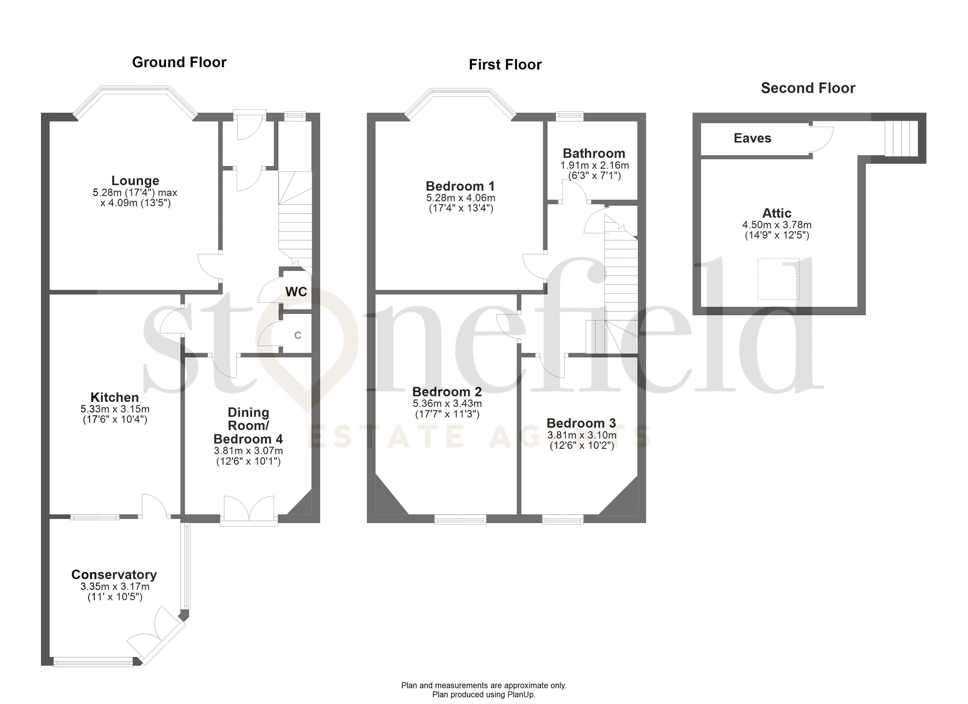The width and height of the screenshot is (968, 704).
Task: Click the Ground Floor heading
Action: click(x=179, y=62)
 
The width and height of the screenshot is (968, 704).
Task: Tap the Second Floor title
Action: click(x=808, y=88)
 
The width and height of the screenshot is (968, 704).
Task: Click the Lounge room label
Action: click(x=135, y=181)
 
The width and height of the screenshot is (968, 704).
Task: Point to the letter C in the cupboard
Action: click(x=297, y=336)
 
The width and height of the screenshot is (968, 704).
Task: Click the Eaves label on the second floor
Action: click(x=752, y=138)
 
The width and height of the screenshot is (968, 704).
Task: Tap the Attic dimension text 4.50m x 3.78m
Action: click(x=776, y=225)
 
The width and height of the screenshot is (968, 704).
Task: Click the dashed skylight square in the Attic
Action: click(x=778, y=279)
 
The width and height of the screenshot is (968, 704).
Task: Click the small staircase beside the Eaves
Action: click(x=901, y=139)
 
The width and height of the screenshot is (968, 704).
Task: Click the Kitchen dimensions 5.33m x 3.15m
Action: click(x=115, y=409)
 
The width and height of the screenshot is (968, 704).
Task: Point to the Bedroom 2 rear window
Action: click(x=460, y=519)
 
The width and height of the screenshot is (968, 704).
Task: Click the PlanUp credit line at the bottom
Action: click(x=484, y=695)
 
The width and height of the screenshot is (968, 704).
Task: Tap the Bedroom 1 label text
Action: click(x=460, y=186)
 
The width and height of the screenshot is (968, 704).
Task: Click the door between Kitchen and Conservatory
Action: click(x=155, y=506)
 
